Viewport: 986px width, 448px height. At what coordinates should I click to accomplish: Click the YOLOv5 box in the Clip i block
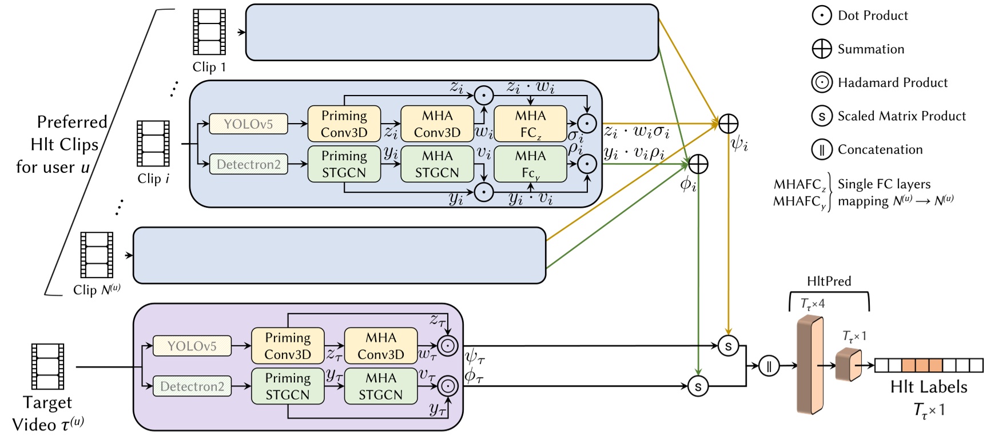pos(248,124)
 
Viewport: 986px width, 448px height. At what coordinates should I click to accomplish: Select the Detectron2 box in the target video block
pos(192,386)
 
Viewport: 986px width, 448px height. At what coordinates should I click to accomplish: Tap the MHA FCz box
pos(530,124)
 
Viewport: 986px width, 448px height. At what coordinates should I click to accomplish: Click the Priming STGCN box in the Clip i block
pos(344,164)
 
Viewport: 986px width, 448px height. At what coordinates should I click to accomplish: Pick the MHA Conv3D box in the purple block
pos(380,346)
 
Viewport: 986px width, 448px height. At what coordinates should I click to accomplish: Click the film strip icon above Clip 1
pos(209,32)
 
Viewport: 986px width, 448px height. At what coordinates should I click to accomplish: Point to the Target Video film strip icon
pos(47,367)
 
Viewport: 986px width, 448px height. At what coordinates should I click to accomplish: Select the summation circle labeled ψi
pos(728,124)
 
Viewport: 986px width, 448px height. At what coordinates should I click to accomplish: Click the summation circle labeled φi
pos(698,164)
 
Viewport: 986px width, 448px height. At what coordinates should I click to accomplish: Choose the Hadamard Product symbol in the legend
pos(822,82)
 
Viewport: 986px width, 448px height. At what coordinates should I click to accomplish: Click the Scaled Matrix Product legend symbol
pos(822,116)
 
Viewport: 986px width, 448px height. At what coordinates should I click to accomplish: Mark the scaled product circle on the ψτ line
pos(728,346)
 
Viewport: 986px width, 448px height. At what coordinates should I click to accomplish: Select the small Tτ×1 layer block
pos(848,364)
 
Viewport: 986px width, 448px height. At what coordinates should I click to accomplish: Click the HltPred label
pos(829,281)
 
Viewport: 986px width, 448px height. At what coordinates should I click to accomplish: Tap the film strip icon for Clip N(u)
pos(97,255)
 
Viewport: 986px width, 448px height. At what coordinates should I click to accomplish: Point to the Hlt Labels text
pos(929,387)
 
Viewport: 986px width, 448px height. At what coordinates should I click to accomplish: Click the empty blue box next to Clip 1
pos(452,33)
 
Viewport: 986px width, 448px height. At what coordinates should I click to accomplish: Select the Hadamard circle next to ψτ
pos(448,346)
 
